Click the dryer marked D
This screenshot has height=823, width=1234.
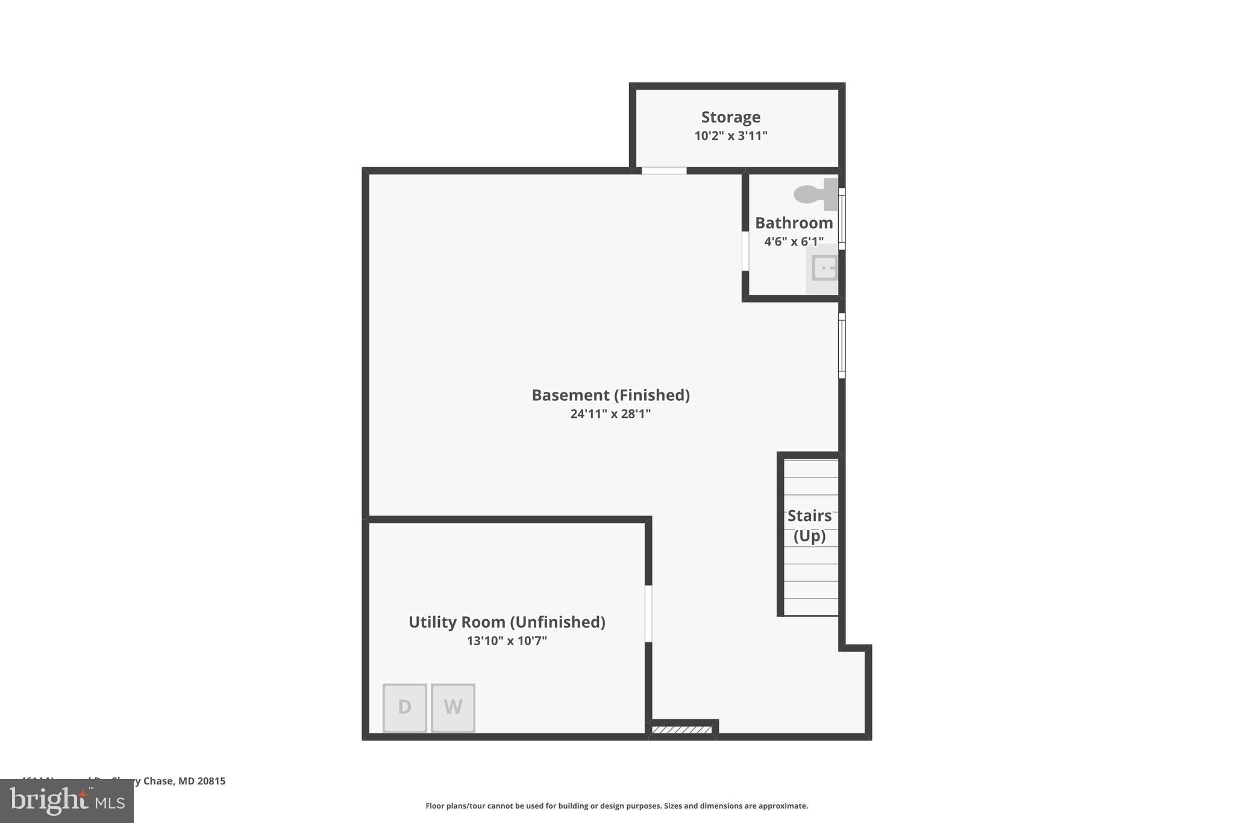pyautogui.click(x=404, y=707)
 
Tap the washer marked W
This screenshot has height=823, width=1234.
pyautogui.click(x=453, y=707)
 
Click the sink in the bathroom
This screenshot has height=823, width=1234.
pyautogui.click(x=824, y=268)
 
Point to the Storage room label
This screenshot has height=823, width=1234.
pyautogui.click(x=730, y=117)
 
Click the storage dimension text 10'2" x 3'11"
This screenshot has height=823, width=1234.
pyautogui.click(x=730, y=136)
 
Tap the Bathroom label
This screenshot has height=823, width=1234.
pyautogui.click(x=794, y=223)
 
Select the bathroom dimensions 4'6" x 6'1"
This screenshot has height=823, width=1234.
pyautogui.click(x=794, y=242)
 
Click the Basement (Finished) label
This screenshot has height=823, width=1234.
pyautogui.click(x=610, y=395)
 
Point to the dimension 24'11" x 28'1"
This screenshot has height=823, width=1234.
pyautogui.click(x=610, y=414)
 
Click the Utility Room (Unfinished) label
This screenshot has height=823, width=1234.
pyautogui.click(x=507, y=622)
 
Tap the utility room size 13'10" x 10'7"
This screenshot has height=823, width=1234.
pyautogui.click(x=507, y=640)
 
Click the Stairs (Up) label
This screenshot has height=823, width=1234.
pyautogui.click(x=809, y=525)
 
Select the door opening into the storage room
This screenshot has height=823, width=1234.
pyautogui.click(x=663, y=171)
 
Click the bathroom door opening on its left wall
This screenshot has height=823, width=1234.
pyautogui.click(x=745, y=251)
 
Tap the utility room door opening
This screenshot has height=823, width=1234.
pyautogui.click(x=648, y=613)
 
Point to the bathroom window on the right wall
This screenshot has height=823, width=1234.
pyautogui.click(x=842, y=218)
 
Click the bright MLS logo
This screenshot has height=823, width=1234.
pyautogui.click(x=67, y=801)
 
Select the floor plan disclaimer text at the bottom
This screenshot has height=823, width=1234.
pyautogui.click(x=616, y=806)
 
